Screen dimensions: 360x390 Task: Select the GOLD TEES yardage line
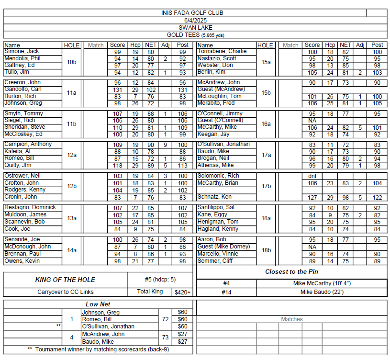(x=195, y=35)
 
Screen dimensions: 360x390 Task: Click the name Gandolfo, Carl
(x=22, y=89)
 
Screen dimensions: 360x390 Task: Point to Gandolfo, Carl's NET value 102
(x=151, y=90)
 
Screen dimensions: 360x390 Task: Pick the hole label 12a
(x=72, y=155)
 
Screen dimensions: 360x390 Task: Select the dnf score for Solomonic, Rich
(x=312, y=176)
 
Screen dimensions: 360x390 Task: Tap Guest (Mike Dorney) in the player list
(x=223, y=247)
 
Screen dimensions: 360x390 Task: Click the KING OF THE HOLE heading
(x=65, y=280)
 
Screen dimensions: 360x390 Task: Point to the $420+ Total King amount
(x=182, y=292)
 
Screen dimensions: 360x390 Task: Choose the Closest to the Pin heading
(x=291, y=271)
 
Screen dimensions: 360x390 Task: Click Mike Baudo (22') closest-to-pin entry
(x=322, y=292)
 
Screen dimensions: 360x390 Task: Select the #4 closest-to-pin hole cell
(x=226, y=283)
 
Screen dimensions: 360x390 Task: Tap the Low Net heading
(x=99, y=304)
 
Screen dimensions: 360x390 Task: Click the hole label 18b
(x=267, y=250)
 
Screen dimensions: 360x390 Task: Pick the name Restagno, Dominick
(x=30, y=207)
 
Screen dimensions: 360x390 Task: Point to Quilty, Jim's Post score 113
(x=182, y=166)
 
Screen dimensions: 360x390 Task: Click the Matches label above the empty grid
(x=291, y=319)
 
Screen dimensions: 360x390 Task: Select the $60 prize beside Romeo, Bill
(x=182, y=319)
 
